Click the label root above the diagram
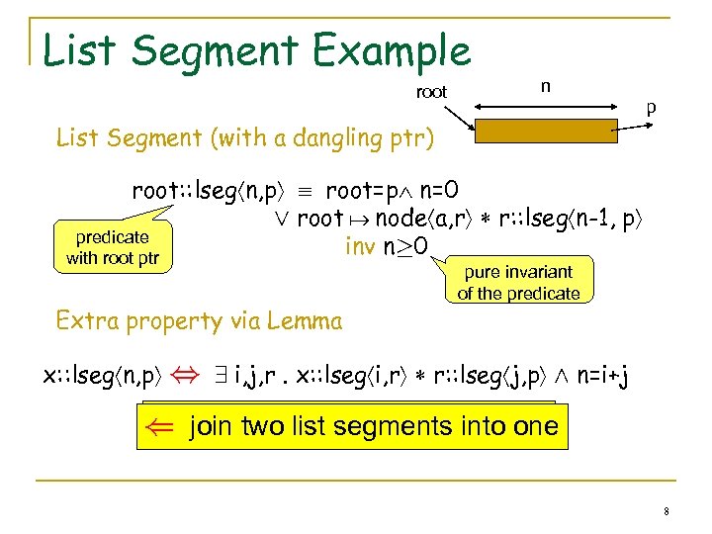pos(431,92)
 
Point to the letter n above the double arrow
pos(545,86)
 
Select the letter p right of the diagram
pos(650,105)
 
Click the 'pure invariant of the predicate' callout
pos(518,282)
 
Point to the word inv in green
pos(361,244)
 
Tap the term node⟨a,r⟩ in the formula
pos(396,219)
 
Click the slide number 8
pos(667,510)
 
